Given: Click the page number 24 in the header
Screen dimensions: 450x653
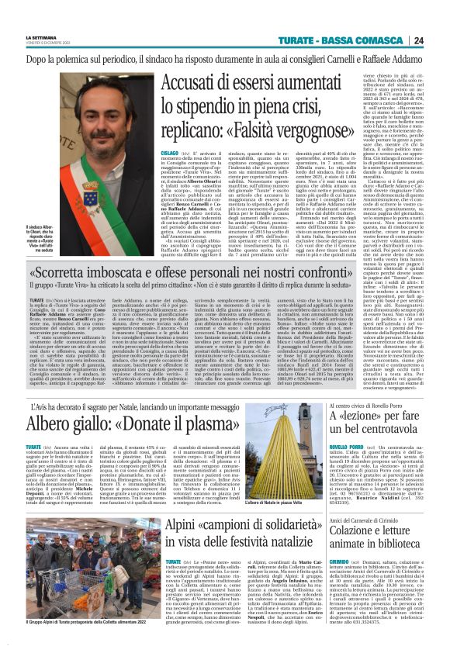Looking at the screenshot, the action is (x=439, y=40).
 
